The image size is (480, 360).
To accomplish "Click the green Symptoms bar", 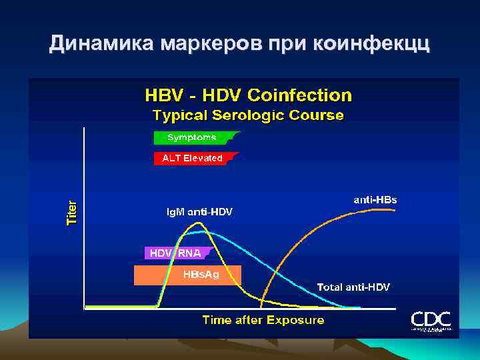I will coord(193,138).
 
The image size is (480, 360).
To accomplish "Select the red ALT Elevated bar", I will coord(193,159).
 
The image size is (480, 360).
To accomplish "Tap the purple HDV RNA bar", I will coord(177,253).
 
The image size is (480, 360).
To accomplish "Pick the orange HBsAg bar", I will coord(187,275).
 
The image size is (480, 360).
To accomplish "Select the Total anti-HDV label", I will coord(353,287).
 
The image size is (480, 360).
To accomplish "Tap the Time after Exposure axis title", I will coord(263,321).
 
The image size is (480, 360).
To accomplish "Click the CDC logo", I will coord(430,320).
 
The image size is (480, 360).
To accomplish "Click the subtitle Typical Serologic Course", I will coord(248,115).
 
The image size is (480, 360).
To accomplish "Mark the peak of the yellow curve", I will coord(197,224).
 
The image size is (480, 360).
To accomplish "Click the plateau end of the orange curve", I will coord(395,210).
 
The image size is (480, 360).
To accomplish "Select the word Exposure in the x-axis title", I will coord(295,321).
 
